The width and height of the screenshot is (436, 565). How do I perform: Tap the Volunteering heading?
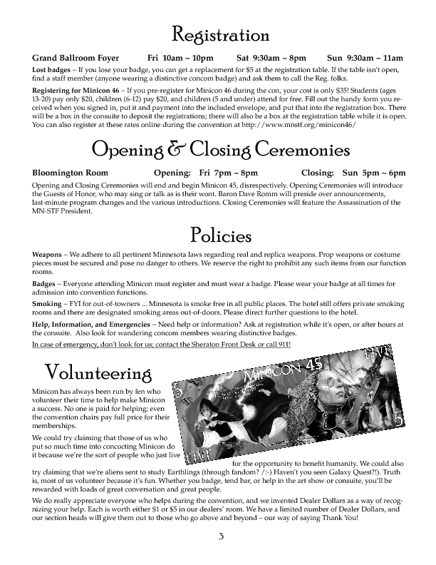(x=98, y=372)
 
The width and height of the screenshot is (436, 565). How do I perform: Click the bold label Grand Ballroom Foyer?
(x=73, y=57)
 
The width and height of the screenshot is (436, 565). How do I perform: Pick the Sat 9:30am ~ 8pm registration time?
(x=271, y=57)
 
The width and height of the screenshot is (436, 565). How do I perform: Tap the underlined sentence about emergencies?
(x=161, y=345)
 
